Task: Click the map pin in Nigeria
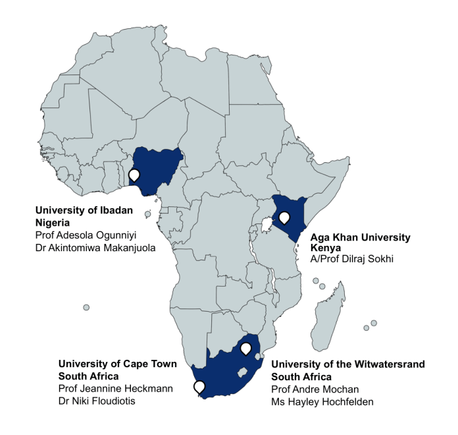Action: point(134,175)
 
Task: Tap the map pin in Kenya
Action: point(284,217)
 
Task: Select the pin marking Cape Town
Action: point(199,387)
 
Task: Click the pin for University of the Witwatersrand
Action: point(245,348)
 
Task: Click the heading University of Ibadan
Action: point(84,211)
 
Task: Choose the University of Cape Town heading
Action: point(117,364)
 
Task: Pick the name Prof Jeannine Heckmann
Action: point(115,388)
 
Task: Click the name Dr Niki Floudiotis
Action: point(97,400)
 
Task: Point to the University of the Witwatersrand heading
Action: point(348,364)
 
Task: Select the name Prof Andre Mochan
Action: point(314,389)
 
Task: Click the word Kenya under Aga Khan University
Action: point(325,248)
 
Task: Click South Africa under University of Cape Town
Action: point(88,376)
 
